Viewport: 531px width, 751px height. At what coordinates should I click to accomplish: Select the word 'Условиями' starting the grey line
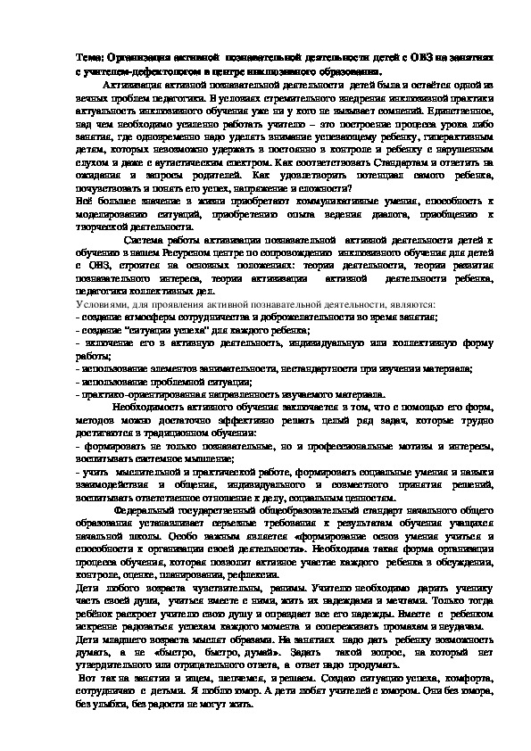point(99,304)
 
